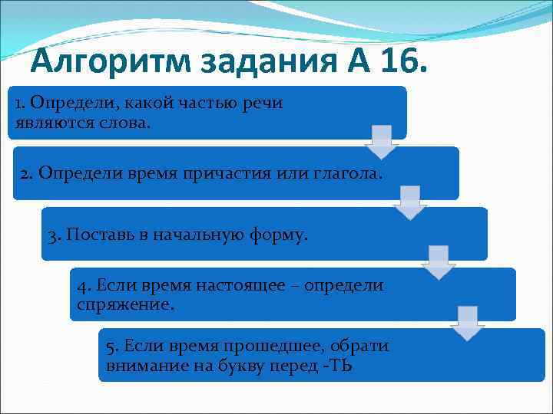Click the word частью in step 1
198,103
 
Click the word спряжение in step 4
126,304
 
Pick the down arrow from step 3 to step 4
439,263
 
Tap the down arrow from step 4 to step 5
468,323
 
